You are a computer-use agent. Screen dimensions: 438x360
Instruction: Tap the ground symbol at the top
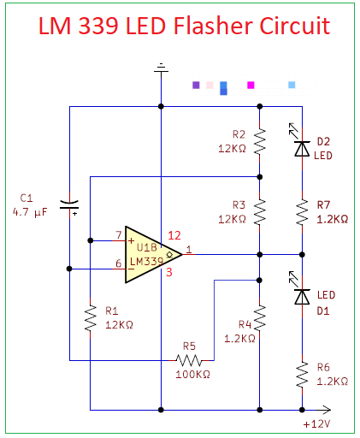click(x=160, y=69)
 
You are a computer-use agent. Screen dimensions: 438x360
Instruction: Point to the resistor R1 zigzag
click(x=90, y=319)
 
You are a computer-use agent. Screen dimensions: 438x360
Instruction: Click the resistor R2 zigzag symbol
click(x=260, y=139)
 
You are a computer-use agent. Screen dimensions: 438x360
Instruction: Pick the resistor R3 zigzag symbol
click(x=260, y=210)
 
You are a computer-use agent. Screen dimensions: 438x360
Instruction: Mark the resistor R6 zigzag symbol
click(x=302, y=373)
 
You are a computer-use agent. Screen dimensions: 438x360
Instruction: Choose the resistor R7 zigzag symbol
click(x=302, y=211)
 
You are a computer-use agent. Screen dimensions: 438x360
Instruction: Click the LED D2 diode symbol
click(x=301, y=147)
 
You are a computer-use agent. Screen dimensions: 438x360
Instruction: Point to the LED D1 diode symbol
click(x=301, y=295)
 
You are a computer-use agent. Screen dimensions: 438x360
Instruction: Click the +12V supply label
click(x=316, y=423)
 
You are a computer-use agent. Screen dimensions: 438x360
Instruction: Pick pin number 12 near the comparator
click(x=174, y=234)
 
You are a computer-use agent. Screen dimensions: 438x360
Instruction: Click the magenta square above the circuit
click(x=251, y=85)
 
